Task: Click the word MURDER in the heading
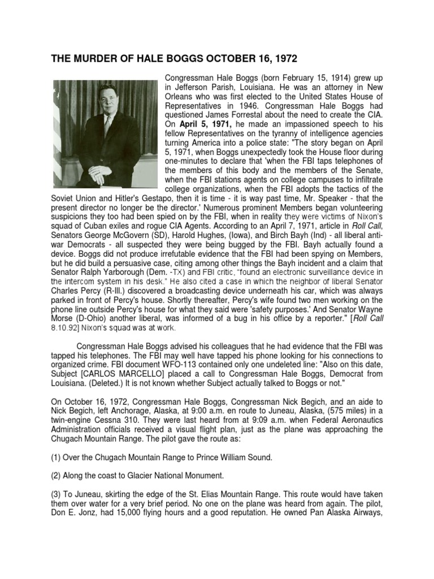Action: pos(97,58)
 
